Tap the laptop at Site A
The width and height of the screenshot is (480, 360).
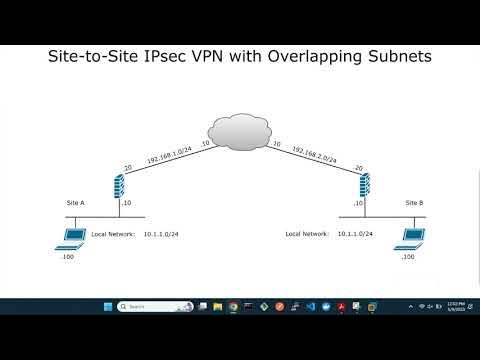coord(71,237)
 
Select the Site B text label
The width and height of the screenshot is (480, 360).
coord(415,202)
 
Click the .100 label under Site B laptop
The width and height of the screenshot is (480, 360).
coord(407,257)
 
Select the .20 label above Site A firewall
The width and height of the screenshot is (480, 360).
coord(127,168)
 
